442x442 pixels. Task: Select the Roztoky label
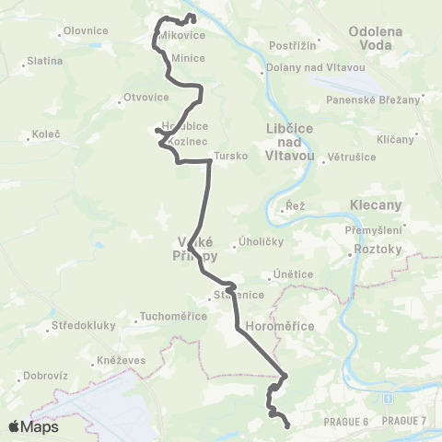click(378, 249)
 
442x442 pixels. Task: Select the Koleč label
click(46, 134)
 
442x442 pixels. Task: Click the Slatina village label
click(45, 61)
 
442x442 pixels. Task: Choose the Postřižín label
click(294, 44)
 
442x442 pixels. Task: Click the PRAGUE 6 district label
click(345, 421)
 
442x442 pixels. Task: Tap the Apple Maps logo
click(33, 426)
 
